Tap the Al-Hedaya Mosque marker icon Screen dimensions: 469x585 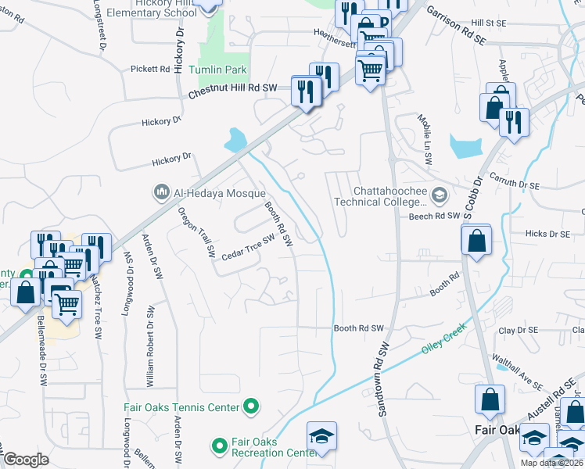[162, 192]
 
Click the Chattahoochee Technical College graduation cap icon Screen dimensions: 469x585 [440, 195]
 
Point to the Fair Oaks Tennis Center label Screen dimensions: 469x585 [181, 406]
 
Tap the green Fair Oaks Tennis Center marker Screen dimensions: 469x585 [251, 406]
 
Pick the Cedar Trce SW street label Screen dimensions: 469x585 [248, 249]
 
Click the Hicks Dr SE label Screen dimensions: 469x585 [547, 233]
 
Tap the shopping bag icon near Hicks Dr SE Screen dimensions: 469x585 [476, 241]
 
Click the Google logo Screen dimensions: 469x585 [27, 460]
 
